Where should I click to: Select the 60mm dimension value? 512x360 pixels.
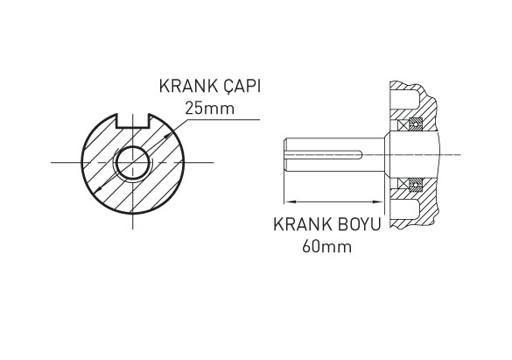[x=326, y=246]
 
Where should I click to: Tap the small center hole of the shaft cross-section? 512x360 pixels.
[x=133, y=161]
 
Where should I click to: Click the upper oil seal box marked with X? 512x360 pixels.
[x=408, y=120]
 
